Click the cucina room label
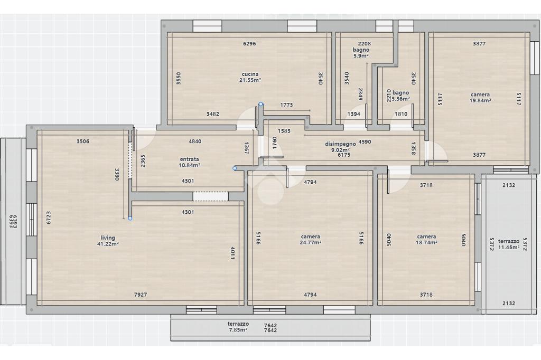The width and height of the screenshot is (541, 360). (250, 74)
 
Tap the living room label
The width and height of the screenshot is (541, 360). (108, 238)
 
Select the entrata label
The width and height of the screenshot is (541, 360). (190, 159)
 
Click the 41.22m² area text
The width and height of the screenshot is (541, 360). (108, 244)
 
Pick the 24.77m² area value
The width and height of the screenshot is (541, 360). (311, 242)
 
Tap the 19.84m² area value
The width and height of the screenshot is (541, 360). (480, 101)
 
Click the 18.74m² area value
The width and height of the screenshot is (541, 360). (426, 242)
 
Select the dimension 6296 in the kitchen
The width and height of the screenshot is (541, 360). (249, 44)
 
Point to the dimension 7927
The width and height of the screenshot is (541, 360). (141, 295)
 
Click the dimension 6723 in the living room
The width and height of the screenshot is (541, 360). (49, 219)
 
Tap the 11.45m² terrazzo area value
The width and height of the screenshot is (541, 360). (509, 247)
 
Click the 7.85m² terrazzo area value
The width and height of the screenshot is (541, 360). (238, 330)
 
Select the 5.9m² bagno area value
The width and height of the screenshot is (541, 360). (361, 55)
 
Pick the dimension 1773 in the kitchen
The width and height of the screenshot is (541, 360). (286, 105)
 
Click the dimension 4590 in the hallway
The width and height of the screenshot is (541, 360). (365, 141)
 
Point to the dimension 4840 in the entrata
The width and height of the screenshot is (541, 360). (195, 141)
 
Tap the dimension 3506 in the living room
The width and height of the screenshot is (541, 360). (83, 141)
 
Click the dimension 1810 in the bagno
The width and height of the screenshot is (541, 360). (401, 114)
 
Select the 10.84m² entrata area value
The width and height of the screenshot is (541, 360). (190, 165)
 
